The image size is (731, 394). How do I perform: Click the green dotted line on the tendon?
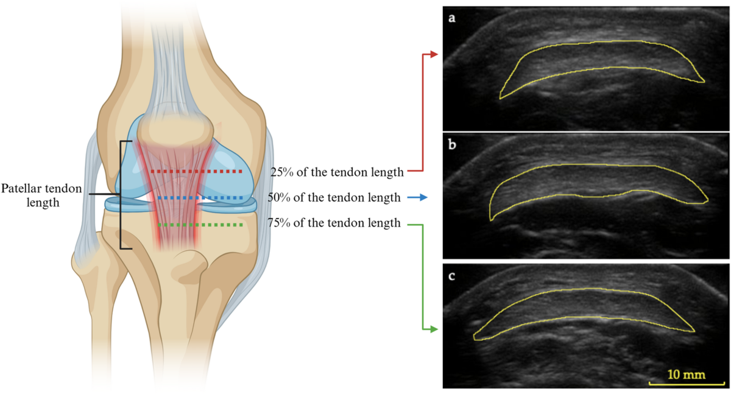click(200, 225)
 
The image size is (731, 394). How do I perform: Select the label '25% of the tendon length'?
click(337, 172)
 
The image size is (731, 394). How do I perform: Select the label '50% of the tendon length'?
click(333, 198)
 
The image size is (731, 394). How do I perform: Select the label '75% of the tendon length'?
click(333, 223)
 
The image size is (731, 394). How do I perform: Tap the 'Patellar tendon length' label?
click(41, 195)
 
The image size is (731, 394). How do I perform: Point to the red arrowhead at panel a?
click(434, 54)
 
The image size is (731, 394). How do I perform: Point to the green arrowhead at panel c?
click(434, 329)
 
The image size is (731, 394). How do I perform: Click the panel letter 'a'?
click(452, 18)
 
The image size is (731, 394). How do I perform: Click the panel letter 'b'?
click(452, 146)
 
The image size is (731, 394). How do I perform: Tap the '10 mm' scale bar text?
click(686, 374)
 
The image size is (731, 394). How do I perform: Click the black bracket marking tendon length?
click(121, 195)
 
